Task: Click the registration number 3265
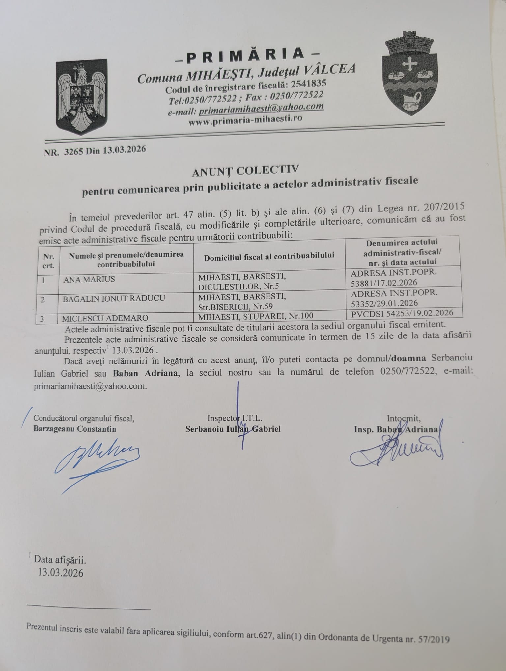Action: (x=74, y=150)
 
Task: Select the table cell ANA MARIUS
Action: (x=89, y=279)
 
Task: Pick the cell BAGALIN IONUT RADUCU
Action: (x=114, y=298)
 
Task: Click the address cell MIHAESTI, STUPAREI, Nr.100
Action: (x=256, y=316)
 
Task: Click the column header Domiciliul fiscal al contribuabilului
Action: (x=269, y=256)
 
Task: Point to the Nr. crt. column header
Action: (x=48, y=261)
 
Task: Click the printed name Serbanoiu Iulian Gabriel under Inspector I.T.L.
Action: (x=233, y=429)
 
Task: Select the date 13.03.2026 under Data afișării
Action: (x=61, y=573)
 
